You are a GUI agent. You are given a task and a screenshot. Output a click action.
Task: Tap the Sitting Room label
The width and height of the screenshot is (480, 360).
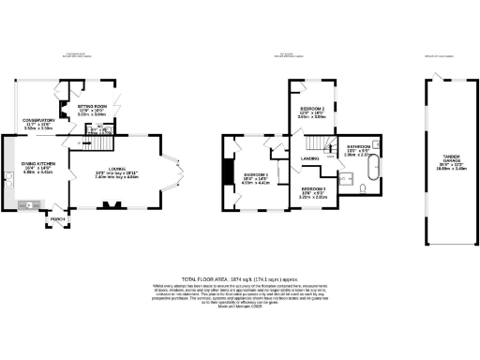point(91,108)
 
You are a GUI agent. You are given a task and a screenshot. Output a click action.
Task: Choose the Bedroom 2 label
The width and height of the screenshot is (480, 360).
point(313,109)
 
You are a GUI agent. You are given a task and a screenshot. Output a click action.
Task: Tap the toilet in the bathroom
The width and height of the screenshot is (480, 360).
point(362,189)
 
